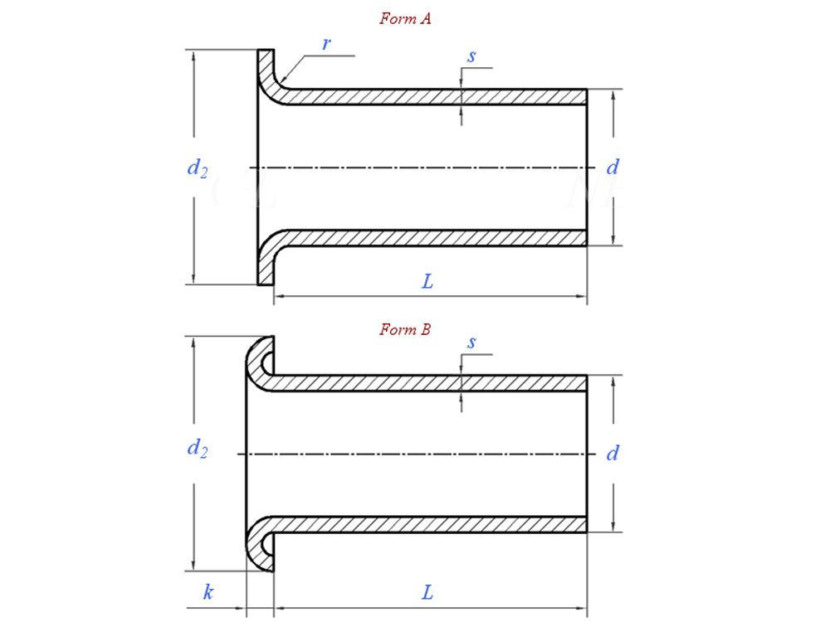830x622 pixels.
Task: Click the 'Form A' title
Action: coord(405,18)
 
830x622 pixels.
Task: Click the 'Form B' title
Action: coord(405,329)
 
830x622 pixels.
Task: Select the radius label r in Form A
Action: coord(326,44)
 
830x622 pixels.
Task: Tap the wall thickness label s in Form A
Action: coord(471,56)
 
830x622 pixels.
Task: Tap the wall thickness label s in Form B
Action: coord(471,343)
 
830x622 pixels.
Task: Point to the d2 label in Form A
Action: coord(197,168)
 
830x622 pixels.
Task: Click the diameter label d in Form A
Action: coord(613,168)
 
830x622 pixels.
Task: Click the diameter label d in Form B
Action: coord(613,454)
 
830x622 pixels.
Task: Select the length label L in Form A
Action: coord(427,282)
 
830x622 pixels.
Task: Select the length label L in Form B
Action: coord(427,593)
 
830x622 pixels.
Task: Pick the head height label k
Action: coord(208,593)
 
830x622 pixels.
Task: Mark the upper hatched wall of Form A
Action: coord(432,97)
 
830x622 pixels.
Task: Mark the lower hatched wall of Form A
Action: coord(432,238)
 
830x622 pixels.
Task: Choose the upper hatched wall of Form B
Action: coord(432,383)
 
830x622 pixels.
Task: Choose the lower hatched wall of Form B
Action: coord(432,524)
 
